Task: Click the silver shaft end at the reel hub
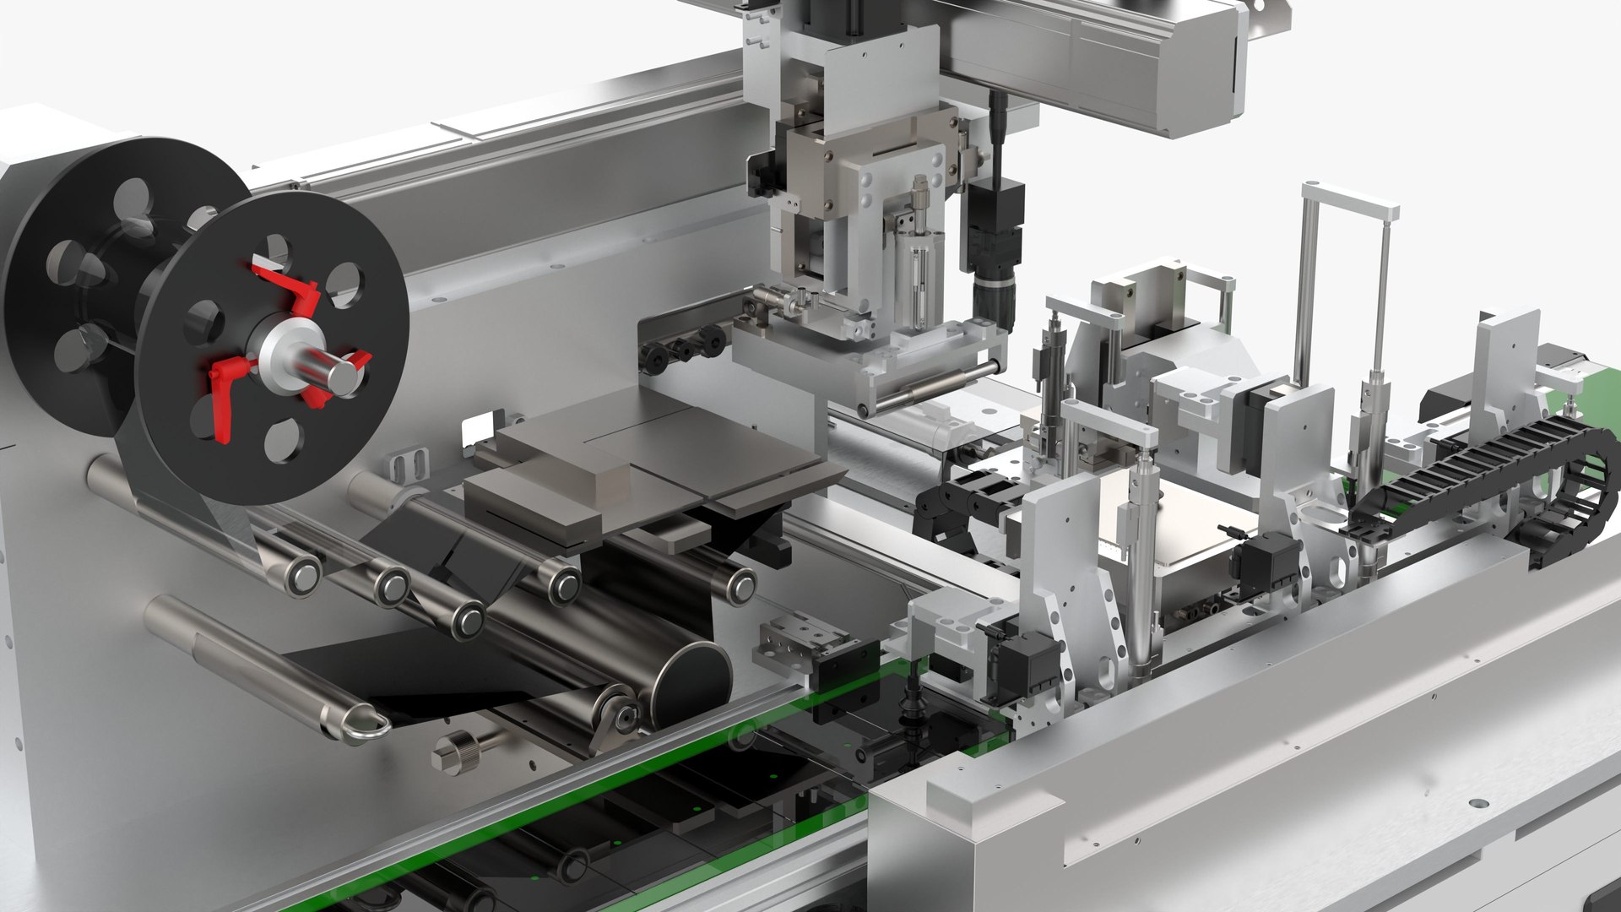[x=341, y=376]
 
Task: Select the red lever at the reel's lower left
[x=224, y=397]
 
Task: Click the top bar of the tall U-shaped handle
[x=1349, y=201]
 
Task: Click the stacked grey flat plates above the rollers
[x=642, y=473]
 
